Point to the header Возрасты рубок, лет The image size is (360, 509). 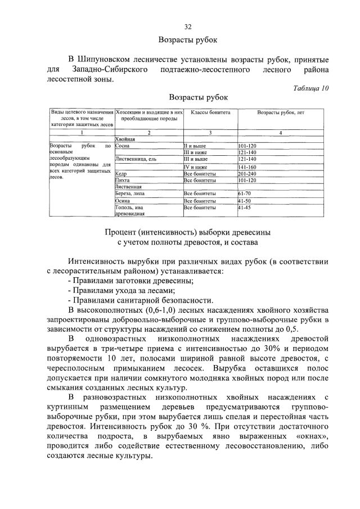280,112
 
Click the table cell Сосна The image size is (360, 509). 123,146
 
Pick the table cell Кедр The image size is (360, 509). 121,174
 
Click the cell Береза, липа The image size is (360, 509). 130,193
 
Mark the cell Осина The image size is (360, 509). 123,201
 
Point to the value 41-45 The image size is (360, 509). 244,208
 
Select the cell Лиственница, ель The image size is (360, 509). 134,160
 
